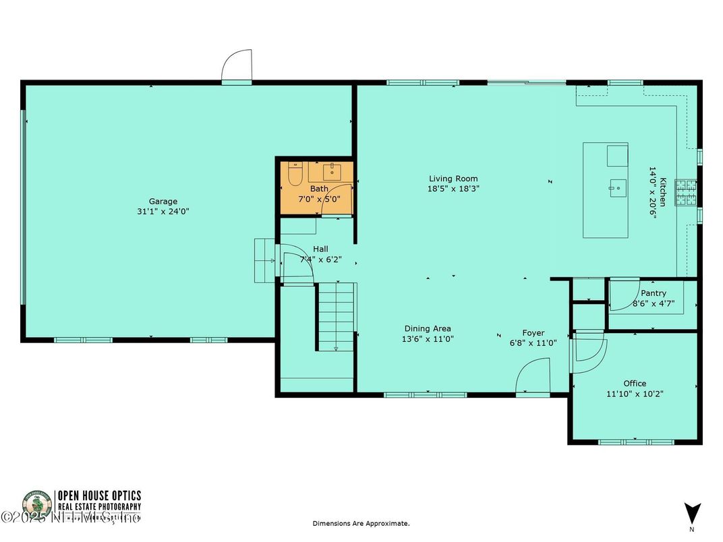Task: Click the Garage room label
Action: [x=163, y=201]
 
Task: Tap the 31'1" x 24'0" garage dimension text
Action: [x=163, y=211]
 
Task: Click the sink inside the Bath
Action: [x=332, y=173]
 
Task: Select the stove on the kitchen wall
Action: [x=687, y=192]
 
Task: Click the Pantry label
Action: [x=654, y=293]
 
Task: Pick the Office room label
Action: [x=635, y=383]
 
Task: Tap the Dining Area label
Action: [x=428, y=329]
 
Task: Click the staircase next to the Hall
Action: [x=336, y=315]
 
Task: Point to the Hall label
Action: [x=320, y=249]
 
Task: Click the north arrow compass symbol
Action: [x=692, y=514]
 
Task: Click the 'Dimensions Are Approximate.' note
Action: [x=361, y=523]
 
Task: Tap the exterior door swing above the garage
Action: [x=238, y=65]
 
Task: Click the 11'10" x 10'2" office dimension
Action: [x=635, y=394]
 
